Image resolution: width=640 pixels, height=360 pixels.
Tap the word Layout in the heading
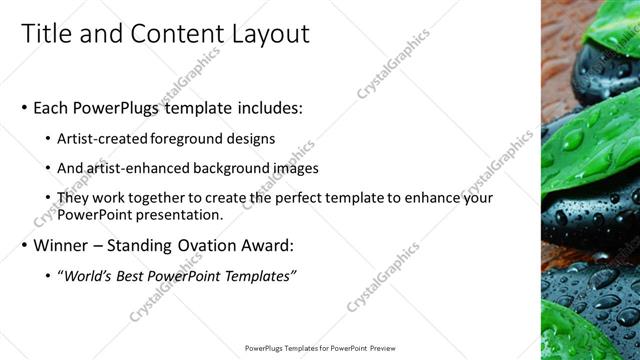[x=271, y=33]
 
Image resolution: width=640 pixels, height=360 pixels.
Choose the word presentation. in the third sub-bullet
[x=180, y=215]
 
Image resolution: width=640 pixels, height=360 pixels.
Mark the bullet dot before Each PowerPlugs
[x=24, y=108]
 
